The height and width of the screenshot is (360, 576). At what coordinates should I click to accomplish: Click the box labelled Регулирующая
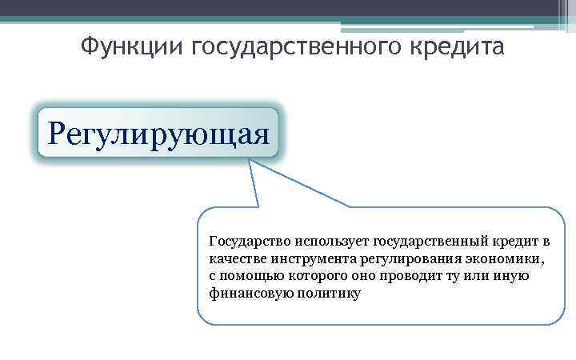(158, 132)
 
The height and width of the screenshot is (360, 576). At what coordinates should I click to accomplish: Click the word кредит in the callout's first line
(509, 240)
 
